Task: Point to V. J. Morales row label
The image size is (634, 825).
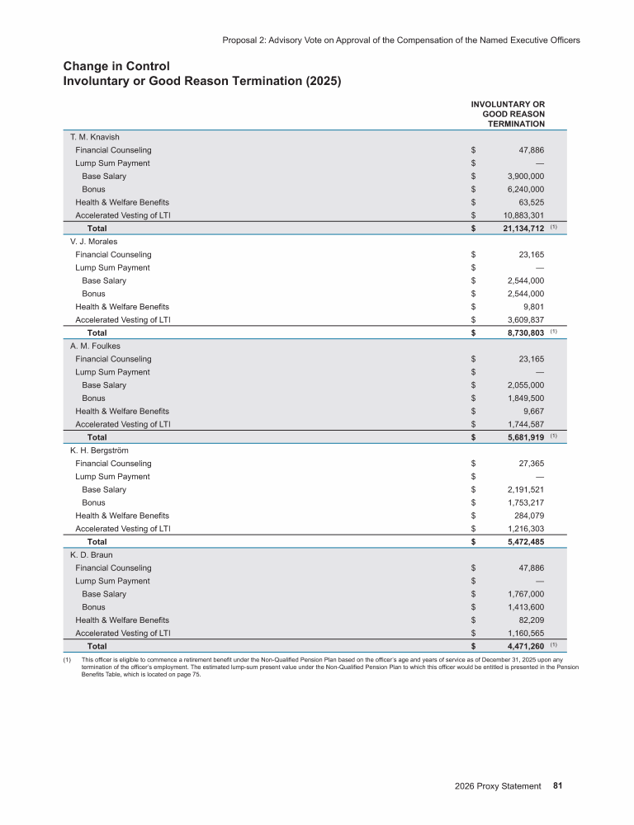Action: (x=94, y=242)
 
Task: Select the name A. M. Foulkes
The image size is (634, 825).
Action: (x=95, y=346)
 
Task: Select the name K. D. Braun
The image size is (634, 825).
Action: (x=92, y=555)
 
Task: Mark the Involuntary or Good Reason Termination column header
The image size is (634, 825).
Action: (x=508, y=114)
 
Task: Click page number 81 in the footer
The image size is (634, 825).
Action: (x=557, y=786)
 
